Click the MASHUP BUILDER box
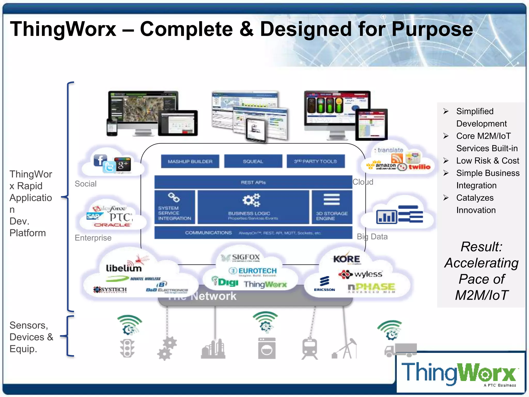pos(190,161)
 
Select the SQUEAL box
pos(253,161)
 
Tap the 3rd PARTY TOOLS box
pos(315,161)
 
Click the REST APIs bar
pos(253,182)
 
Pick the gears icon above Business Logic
pos(251,200)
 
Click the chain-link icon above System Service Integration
pos(174,198)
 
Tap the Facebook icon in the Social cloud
pos(100,160)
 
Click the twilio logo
pos(419,167)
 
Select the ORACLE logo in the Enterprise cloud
pos(112,225)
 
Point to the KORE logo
pos(346,259)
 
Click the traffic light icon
pos(127,348)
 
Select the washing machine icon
pos(267,348)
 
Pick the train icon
pos(309,348)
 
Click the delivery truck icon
pos(400,350)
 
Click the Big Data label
pos(372,236)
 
